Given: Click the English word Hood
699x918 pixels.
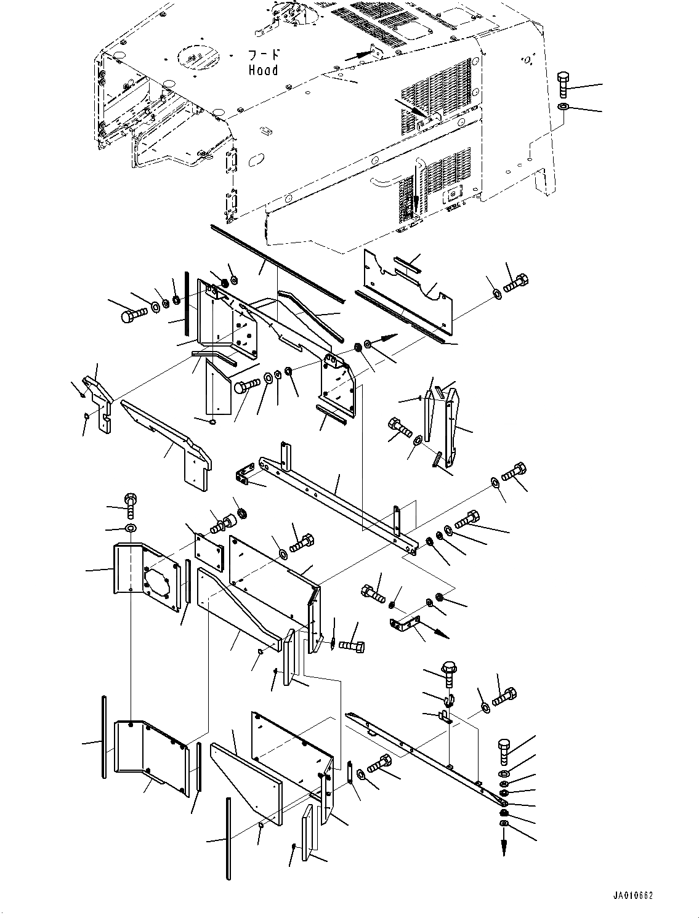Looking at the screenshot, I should click(263, 70).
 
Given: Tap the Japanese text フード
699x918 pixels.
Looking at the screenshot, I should click(263, 54).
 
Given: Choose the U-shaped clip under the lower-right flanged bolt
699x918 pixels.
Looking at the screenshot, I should click(448, 699).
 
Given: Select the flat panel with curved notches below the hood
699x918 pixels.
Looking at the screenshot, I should click(406, 286).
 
